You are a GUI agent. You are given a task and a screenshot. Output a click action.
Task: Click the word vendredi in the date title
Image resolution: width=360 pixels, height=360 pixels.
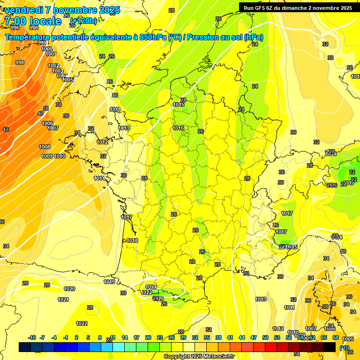[x=23, y=10]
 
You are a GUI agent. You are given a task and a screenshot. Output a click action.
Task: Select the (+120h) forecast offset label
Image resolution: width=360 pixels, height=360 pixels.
[x=83, y=21]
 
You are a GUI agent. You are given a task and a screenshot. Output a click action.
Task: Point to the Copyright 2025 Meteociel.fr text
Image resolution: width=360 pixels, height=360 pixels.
[x=199, y=356]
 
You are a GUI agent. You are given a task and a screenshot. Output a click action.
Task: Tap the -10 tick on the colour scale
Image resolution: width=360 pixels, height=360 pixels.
[x=32, y=337]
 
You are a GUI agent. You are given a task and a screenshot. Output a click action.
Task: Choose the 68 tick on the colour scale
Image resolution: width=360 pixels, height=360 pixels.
[x=336, y=337]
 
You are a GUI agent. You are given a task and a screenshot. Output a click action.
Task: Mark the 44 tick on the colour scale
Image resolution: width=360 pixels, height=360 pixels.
[x=242, y=337]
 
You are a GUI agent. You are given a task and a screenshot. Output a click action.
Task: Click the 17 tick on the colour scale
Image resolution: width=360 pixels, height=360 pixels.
[x=136, y=337]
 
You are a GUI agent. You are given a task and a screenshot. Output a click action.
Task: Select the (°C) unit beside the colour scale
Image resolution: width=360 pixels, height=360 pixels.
[x=345, y=348]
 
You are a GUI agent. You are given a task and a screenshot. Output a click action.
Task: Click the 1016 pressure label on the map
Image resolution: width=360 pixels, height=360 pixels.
[x=178, y=128]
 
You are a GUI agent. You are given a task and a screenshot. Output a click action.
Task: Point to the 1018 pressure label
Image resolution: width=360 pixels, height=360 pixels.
[x=132, y=240]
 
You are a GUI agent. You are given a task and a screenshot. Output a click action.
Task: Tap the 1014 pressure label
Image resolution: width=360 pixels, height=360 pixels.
[x=99, y=178]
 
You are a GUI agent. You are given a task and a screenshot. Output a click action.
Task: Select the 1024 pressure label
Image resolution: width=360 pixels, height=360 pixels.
[x=150, y=287]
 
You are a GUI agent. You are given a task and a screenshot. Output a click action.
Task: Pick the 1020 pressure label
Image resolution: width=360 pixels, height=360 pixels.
[x=69, y=289]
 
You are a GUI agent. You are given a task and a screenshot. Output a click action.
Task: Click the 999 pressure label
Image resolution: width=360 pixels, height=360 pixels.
[x=43, y=43]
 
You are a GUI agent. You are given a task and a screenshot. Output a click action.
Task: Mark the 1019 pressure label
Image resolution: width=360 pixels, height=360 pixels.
[x=110, y=282]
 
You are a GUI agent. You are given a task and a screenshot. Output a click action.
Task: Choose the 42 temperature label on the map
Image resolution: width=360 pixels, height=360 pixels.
[x=6, y=129]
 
